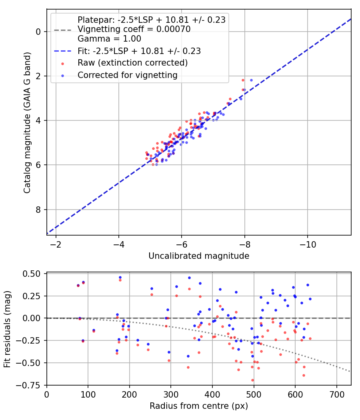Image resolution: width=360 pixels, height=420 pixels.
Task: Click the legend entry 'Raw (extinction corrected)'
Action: tap(132, 63)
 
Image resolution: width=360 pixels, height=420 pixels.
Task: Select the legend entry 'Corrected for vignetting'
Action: tap(127, 75)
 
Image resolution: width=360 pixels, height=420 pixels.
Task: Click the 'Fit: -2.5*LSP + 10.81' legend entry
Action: tap(139, 51)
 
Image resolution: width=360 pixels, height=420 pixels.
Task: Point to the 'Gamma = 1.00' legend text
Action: tap(109, 39)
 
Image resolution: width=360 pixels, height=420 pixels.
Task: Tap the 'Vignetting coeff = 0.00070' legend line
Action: tap(134, 29)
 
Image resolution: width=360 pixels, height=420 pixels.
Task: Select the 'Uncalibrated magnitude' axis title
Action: tap(199, 256)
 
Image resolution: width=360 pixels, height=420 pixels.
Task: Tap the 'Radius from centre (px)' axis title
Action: tap(199, 406)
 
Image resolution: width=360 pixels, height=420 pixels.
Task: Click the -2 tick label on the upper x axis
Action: tap(56, 244)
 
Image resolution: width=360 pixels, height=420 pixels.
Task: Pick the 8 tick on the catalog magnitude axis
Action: tap(39, 210)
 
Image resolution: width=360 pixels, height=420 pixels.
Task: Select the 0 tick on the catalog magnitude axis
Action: tap(39, 32)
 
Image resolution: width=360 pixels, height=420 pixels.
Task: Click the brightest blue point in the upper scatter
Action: tap(251, 80)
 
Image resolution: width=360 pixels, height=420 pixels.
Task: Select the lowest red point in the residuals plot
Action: tap(252, 380)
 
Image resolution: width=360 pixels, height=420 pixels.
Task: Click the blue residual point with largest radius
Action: tap(310, 299)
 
